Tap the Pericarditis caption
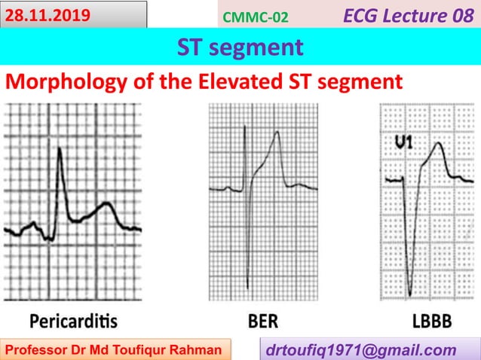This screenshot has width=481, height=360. click(x=73, y=322)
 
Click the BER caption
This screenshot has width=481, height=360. click(x=262, y=322)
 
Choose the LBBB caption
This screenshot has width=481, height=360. click(x=432, y=322)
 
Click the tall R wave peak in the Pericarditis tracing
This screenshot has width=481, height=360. click(x=60, y=148)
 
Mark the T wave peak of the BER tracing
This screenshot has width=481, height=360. click(x=277, y=133)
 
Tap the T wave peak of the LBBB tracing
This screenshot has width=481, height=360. click(x=435, y=143)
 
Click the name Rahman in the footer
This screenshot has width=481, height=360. click(x=198, y=349)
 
